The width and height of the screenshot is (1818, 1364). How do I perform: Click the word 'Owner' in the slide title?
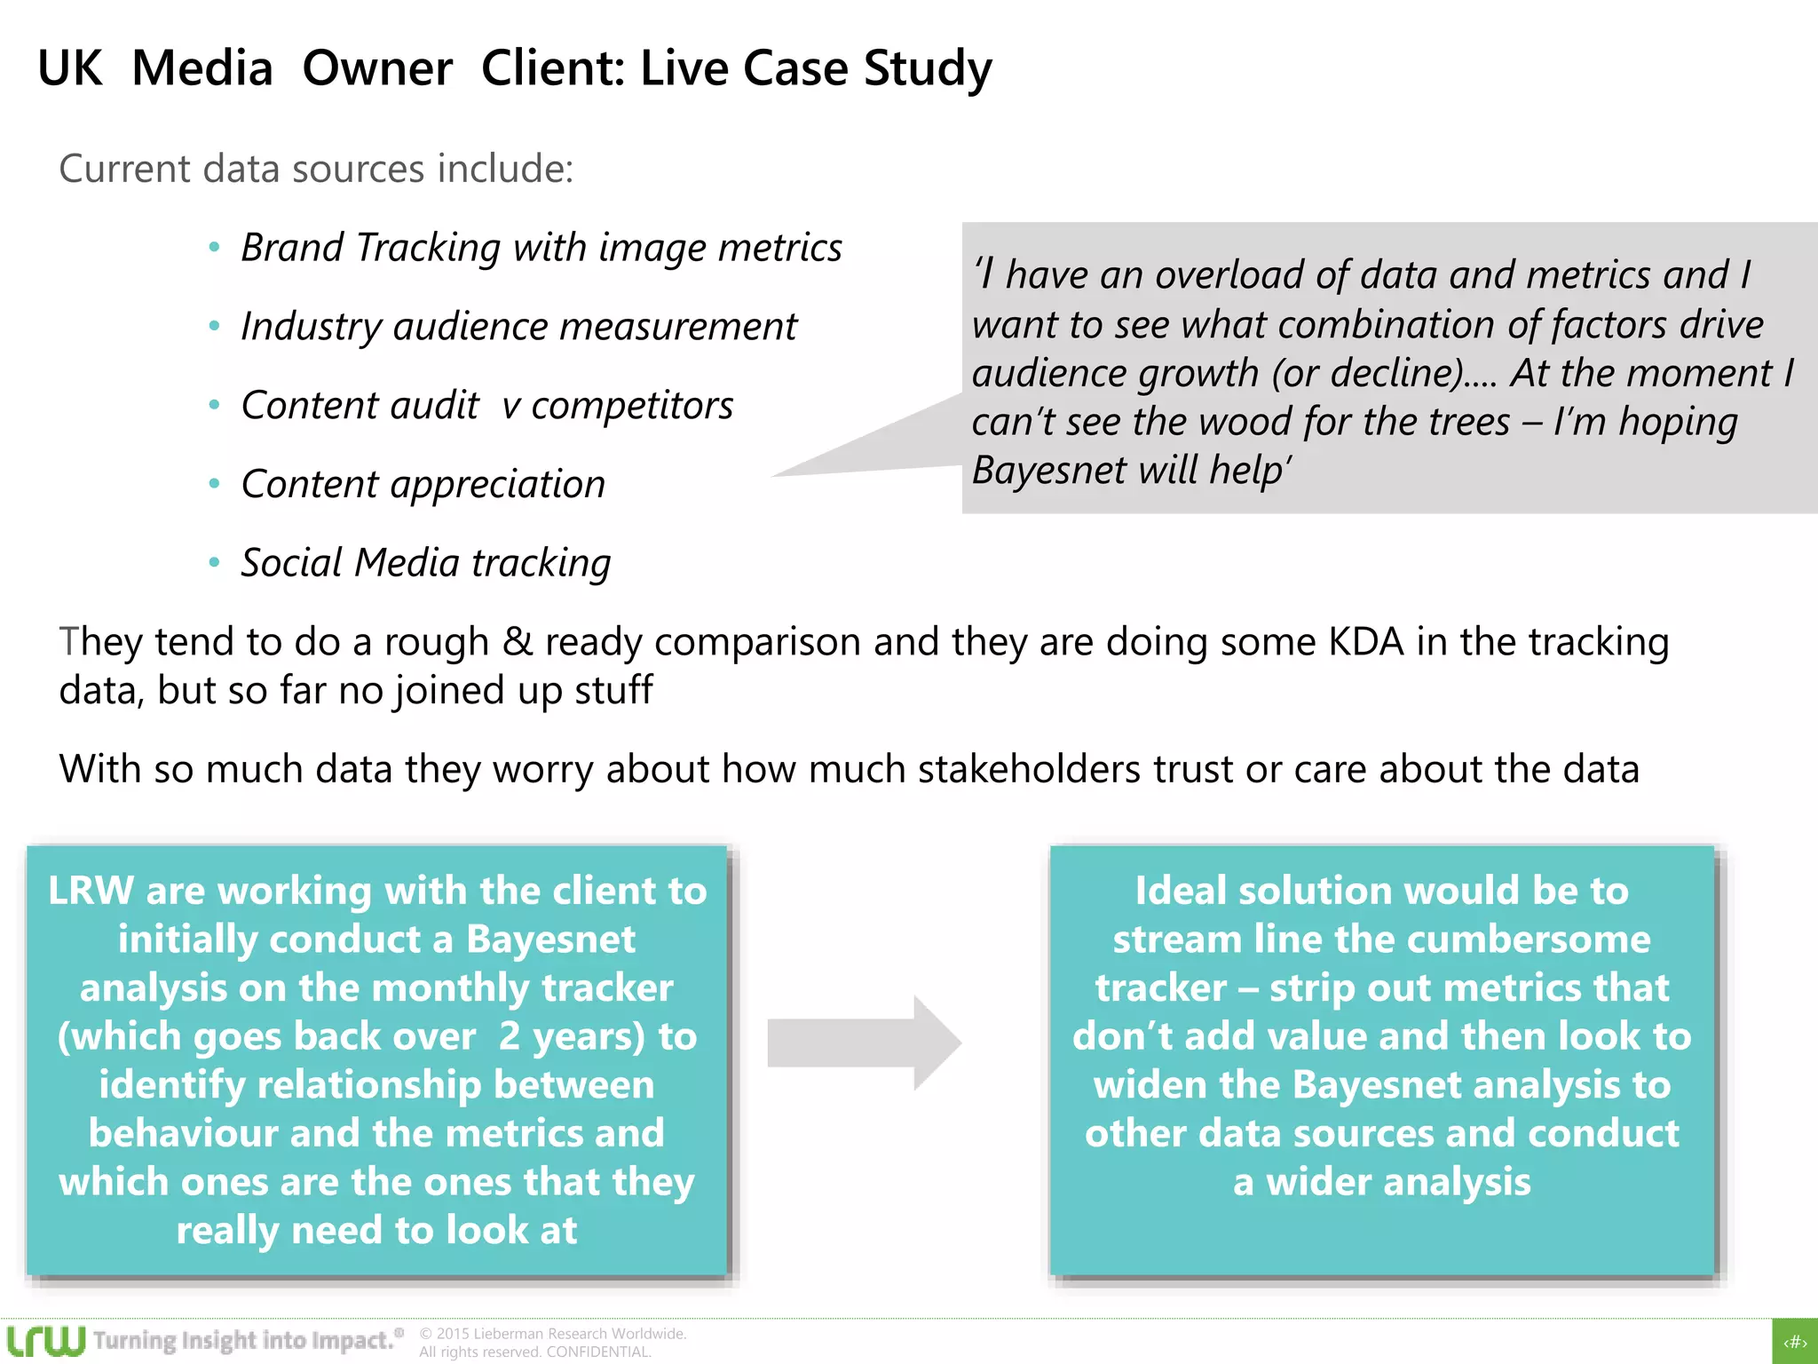coord(377,68)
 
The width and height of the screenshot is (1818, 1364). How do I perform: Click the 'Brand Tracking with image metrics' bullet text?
coord(541,248)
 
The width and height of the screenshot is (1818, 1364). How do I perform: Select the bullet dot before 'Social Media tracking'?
coord(214,562)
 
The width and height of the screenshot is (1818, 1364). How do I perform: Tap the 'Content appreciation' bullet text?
coord(423,485)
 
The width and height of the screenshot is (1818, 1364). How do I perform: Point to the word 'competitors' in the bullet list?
coord(632,406)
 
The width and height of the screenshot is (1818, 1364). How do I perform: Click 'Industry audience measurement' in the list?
coord(518,327)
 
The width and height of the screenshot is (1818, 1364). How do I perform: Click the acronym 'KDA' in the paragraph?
coord(1366,642)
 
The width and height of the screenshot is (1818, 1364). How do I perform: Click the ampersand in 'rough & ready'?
coord(517,642)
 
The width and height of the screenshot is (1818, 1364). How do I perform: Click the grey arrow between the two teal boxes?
coord(863,1043)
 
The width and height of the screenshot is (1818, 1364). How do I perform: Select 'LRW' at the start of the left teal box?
coord(91,891)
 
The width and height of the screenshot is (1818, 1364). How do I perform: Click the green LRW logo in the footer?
coord(45,1341)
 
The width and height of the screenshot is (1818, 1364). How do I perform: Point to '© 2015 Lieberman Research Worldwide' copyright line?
coord(552,1334)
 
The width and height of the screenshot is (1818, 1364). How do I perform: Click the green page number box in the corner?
coord(1795,1342)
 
